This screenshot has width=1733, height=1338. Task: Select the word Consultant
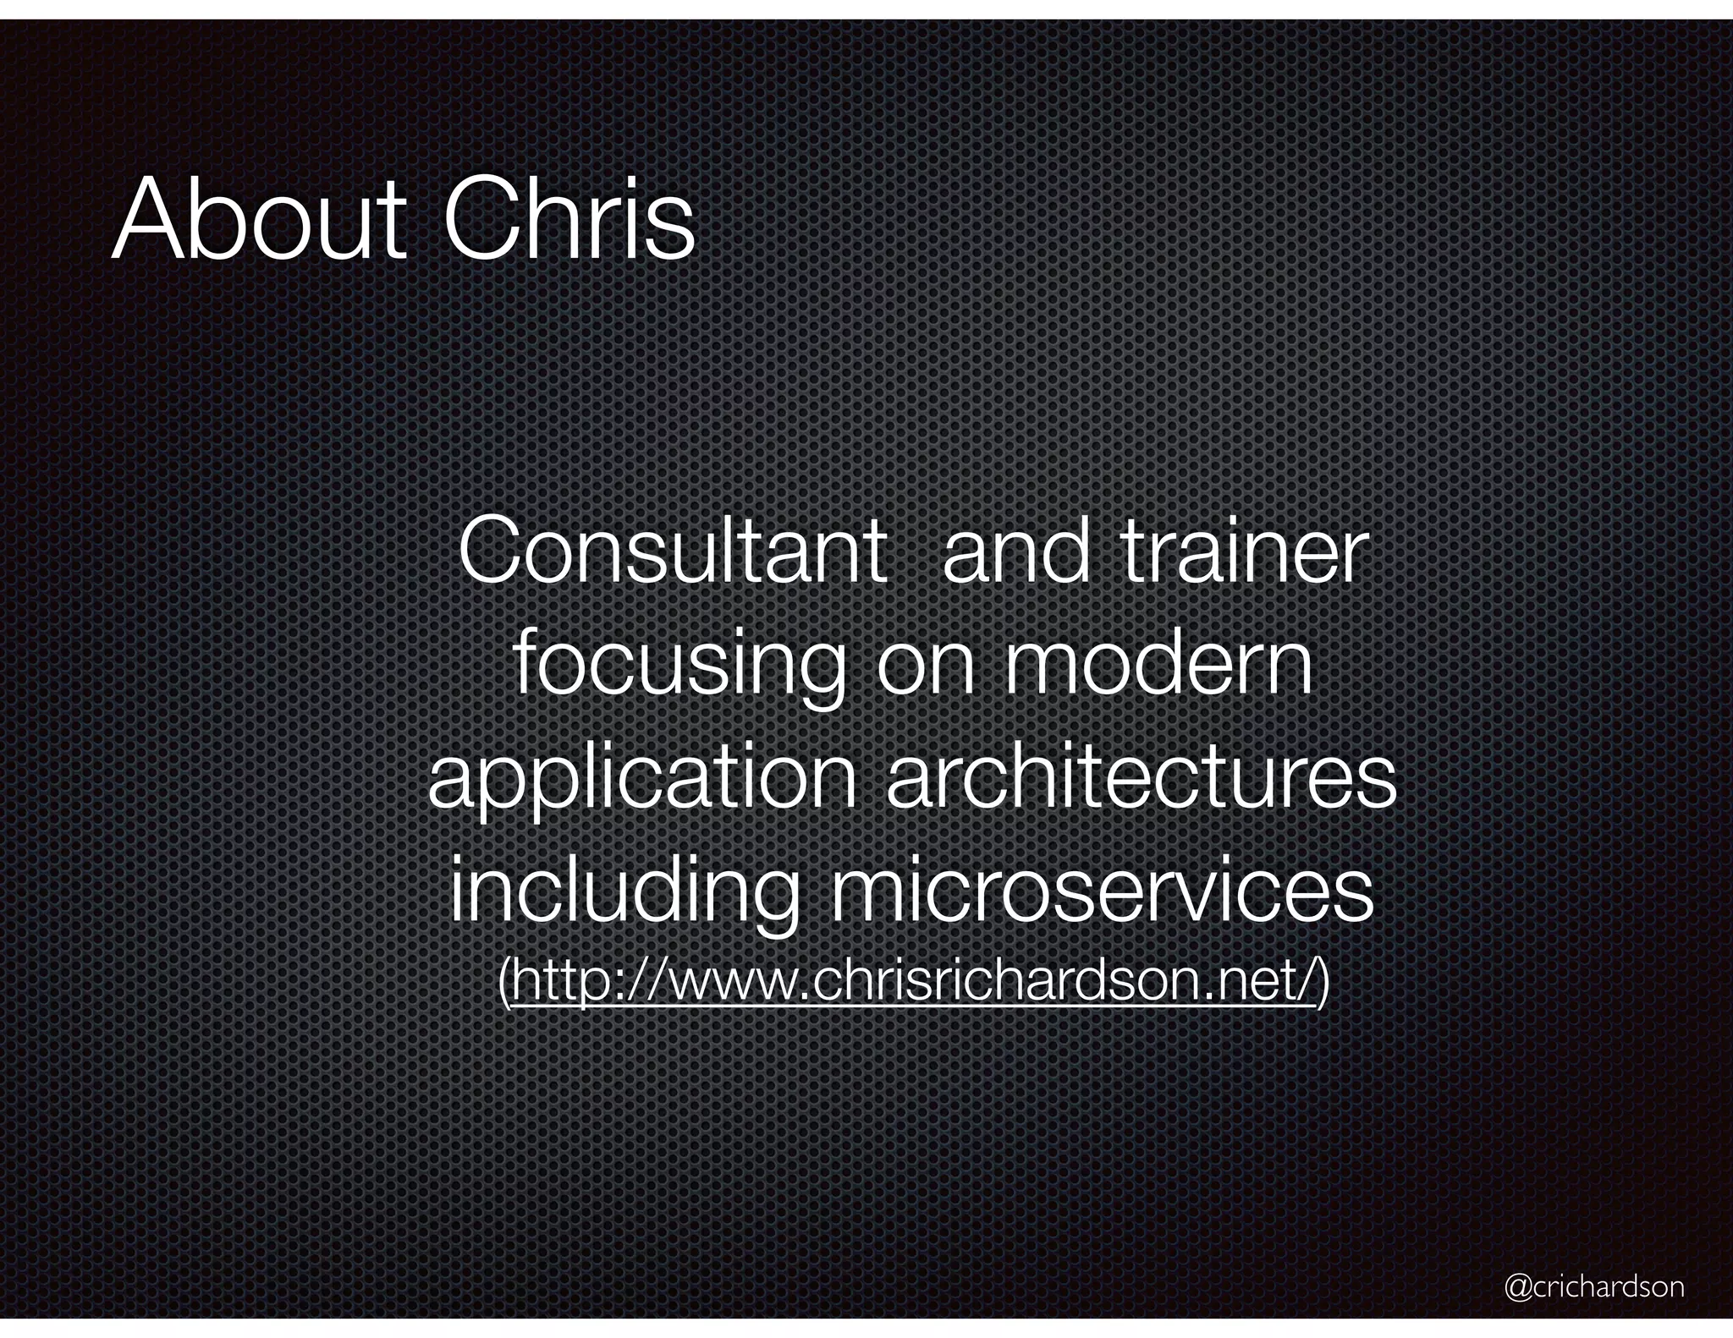point(673,554)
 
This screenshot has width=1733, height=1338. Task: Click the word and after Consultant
point(1015,554)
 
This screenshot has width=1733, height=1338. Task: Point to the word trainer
point(1244,554)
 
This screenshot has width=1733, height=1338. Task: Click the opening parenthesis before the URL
point(504,984)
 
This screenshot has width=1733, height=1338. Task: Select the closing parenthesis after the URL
point(1323,984)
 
